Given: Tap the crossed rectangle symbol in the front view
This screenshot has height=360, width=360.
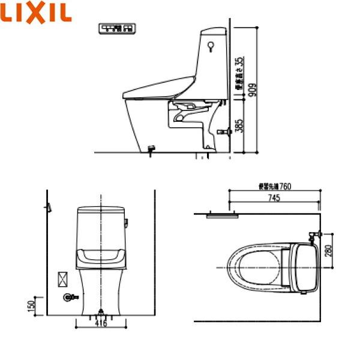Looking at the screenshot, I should click(62, 278).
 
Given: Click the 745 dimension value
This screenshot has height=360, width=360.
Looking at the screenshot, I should click(274, 197).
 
